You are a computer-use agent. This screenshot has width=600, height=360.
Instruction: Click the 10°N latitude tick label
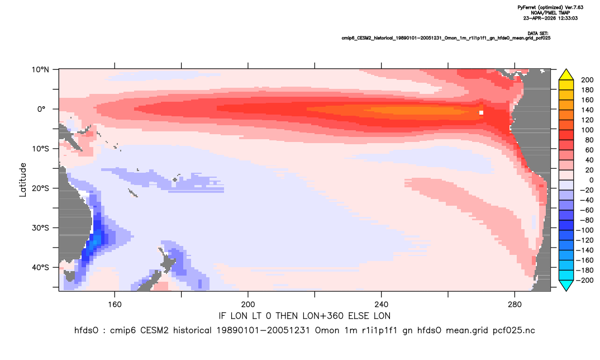[40, 70]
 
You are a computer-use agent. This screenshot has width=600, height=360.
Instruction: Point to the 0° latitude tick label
[41, 109]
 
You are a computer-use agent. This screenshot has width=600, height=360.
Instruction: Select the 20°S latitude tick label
[40, 188]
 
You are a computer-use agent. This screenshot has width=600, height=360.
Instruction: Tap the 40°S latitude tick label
[40, 267]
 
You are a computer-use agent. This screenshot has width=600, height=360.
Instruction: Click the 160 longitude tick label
[115, 305]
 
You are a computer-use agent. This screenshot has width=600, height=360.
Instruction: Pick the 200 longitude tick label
[248, 305]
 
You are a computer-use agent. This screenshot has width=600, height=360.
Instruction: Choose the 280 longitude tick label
[515, 305]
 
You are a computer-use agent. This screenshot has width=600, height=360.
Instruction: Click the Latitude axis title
[23, 180]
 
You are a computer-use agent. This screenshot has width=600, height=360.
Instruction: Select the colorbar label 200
[587, 80]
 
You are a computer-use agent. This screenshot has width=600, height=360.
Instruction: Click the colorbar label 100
[587, 130]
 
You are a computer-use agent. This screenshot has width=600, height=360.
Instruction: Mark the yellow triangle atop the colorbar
[566, 75]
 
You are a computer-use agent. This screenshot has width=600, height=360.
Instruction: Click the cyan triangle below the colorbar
[566, 285]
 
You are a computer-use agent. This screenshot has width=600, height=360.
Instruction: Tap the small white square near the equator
[481, 112]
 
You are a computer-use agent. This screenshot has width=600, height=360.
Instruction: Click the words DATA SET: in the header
[537, 34]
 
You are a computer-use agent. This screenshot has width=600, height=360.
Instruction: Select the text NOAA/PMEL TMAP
[550, 13]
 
